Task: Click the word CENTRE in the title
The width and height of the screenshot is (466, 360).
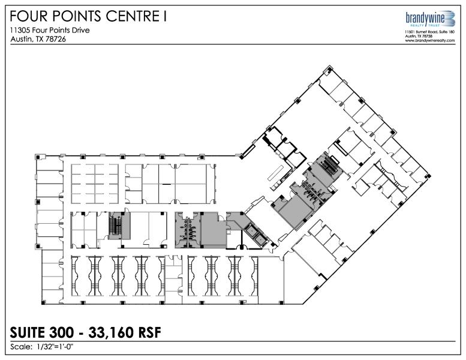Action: tap(133, 16)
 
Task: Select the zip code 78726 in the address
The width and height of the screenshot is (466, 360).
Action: tap(56, 39)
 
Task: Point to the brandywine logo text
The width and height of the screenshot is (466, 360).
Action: tap(425, 18)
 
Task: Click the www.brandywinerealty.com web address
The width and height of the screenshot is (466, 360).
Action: tap(430, 40)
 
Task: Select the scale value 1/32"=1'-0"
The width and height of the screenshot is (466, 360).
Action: tap(55, 347)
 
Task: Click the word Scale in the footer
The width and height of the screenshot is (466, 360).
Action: tap(21, 347)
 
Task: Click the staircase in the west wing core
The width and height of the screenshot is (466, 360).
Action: tap(115, 226)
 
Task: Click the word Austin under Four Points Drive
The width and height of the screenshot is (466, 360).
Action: tap(21, 39)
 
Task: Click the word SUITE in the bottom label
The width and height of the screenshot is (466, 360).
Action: tap(28, 332)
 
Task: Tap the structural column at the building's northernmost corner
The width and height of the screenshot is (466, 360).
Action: tap(330, 69)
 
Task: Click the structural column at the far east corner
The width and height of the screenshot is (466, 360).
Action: tap(428, 176)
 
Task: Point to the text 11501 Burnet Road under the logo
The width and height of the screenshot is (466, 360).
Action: tap(419, 32)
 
